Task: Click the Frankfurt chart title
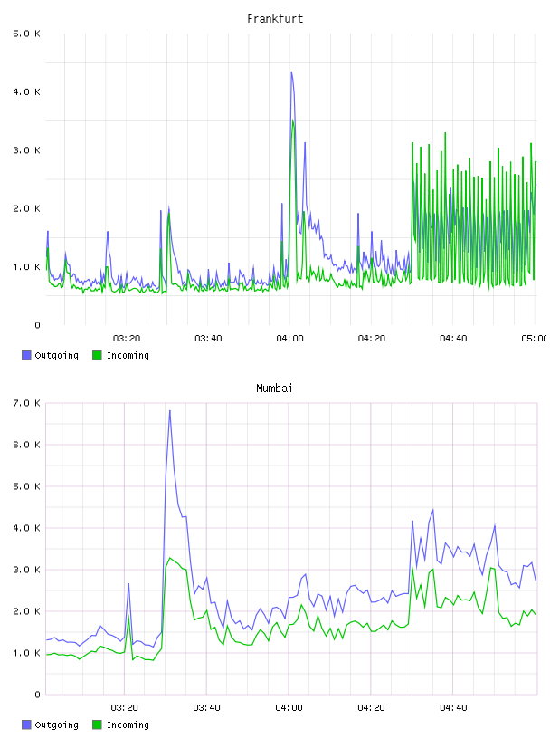(275, 19)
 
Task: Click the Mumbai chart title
(274, 389)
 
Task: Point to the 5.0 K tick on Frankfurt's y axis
(26, 34)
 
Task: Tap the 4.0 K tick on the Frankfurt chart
(26, 91)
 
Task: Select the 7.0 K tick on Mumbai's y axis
(26, 403)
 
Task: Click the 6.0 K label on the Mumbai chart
(26, 445)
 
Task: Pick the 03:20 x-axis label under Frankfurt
(127, 338)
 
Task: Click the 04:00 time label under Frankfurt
(289, 338)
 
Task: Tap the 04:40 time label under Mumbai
(453, 707)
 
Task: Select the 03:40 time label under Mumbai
(207, 707)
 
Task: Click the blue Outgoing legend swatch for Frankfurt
(26, 355)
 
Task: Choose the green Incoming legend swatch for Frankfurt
(97, 355)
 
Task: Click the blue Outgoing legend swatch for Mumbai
(26, 725)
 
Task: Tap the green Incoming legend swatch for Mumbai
(97, 725)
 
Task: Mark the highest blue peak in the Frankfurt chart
(291, 72)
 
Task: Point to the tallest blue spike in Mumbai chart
(169, 410)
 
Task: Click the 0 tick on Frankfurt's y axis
(37, 325)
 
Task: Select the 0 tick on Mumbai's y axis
(37, 695)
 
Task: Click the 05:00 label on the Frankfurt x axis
(534, 338)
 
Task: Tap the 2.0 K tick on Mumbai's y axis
(26, 611)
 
